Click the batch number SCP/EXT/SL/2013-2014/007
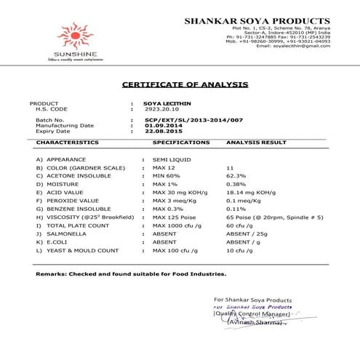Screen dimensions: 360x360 coord(193,120)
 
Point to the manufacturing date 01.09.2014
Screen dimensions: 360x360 coord(164,126)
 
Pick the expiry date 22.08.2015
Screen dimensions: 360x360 coord(164,132)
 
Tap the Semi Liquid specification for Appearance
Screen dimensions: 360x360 coord(169,159)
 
